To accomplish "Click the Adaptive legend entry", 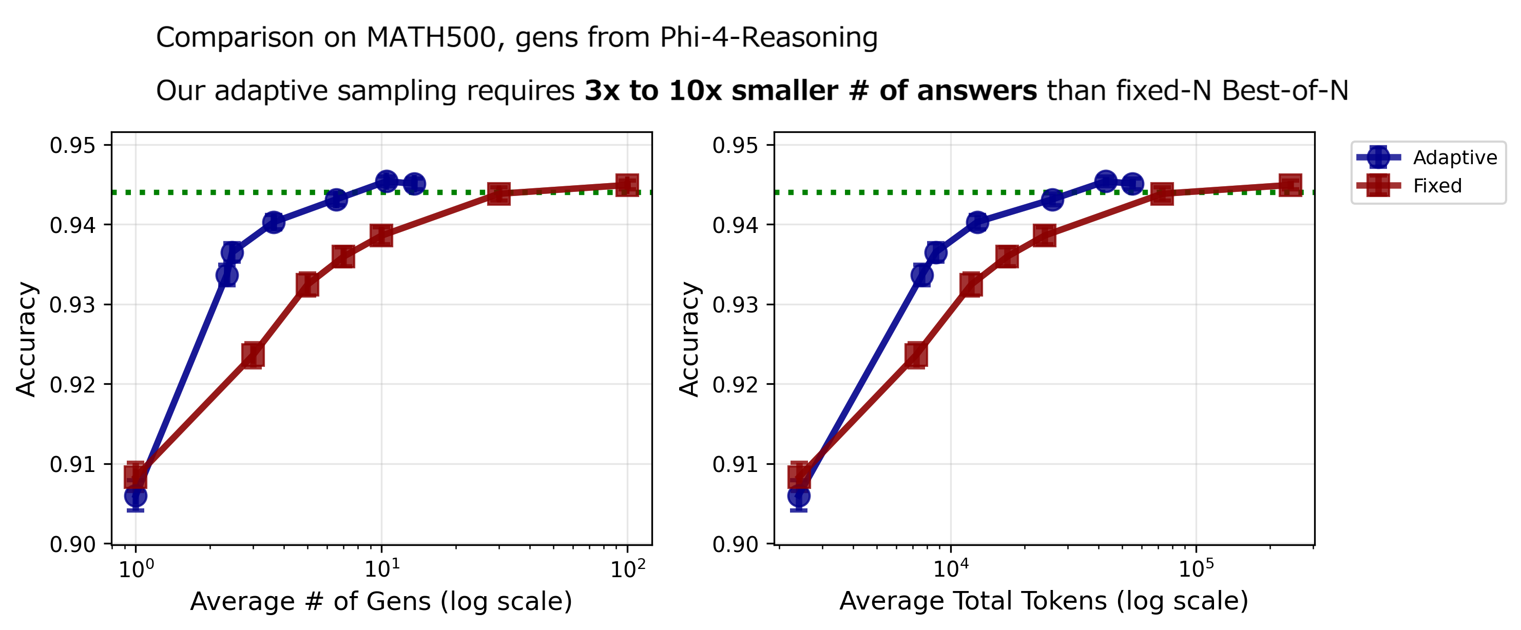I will pos(1454,157).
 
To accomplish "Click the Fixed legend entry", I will pos(1437,186).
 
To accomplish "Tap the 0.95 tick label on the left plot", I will pos(72,145).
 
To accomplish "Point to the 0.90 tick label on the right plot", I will pos(735,544).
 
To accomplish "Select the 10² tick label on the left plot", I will pos(628,569).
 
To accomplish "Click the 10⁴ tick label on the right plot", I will pos(951,569).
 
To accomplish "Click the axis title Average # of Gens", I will pos(381,602).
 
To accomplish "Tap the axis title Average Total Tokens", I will pos(1043,602).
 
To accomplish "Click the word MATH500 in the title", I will pos(431,38).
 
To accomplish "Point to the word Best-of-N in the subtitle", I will pos(1285,91).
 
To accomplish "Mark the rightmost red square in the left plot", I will pos(627,185).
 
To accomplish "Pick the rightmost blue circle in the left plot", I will pos(414,184).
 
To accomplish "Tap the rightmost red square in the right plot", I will pos(1290,185).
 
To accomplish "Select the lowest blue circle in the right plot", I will pos(799,497).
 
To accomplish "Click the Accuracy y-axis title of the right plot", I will pos(689,339).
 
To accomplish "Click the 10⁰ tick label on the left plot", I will pos(137,569).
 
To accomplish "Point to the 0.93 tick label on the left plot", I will pos(72,305).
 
